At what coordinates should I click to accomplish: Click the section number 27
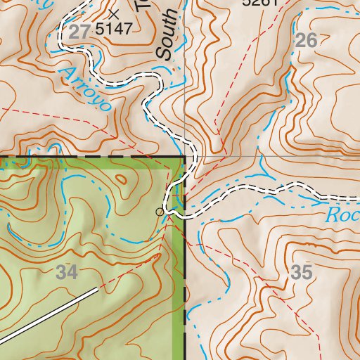pyautogui.click(x=82, y=30)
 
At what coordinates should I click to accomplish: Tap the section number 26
pyautogui.click(x=306, y=41)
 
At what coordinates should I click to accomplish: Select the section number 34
pyautogui.click(x=67, y=273)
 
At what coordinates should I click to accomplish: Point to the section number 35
pyautogui.click(x=301, y=273)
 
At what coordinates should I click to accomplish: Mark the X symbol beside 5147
pyautogui.click(x=115, y=13)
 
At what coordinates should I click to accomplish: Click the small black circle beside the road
pyautogui.click(x=160, y=211)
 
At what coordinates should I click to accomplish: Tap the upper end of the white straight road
pyautogui.click(x=96, y=288)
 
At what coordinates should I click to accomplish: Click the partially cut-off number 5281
pyautogui.click(x=260, y=3)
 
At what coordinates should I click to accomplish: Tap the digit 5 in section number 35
pyautogui.click(x=306, y=273)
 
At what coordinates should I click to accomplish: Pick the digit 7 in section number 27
pyautogui.click(x=86, y=30)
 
